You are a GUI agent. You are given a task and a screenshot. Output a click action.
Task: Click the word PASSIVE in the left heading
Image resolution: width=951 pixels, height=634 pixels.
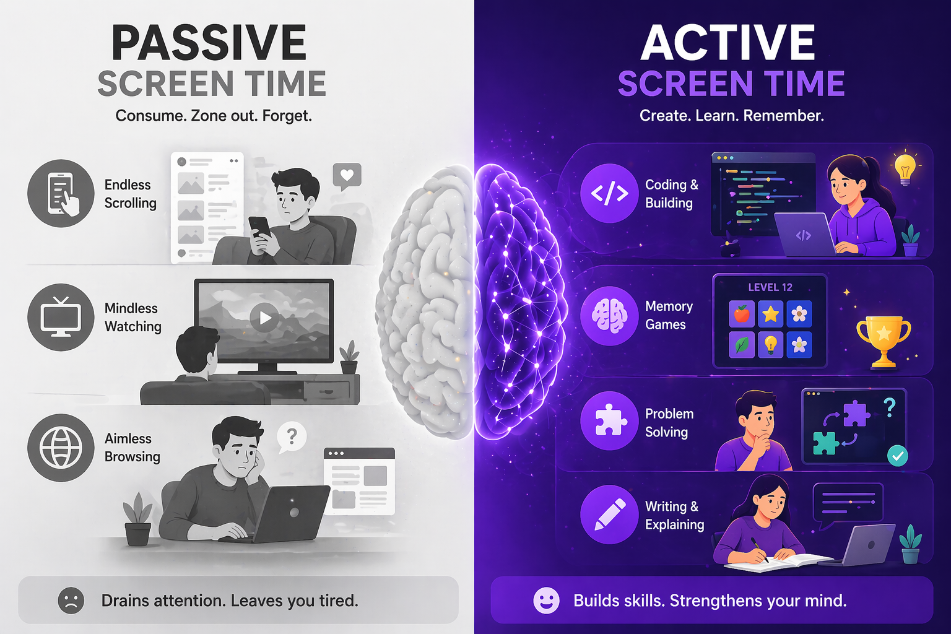coord(209,43)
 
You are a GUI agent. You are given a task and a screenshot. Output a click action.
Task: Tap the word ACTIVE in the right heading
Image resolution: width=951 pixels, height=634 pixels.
coord(728,43)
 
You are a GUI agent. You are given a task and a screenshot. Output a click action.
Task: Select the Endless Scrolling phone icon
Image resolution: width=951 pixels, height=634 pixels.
coord(61,193)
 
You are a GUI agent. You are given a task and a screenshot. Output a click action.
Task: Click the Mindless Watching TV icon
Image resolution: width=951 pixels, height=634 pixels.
coord(61,317)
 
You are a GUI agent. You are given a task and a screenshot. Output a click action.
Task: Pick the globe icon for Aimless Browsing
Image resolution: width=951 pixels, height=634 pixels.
coord(61,447)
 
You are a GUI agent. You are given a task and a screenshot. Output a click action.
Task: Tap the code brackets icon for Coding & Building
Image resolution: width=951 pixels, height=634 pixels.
coord(609,193)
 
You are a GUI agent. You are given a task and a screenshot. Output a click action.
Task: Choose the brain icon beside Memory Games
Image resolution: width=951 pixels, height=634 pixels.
coord(609,315)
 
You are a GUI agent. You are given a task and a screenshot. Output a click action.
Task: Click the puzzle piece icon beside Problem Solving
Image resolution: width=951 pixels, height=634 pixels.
coord(609,421)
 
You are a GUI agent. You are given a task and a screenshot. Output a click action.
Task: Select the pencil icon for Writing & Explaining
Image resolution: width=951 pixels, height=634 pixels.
coord(609,515)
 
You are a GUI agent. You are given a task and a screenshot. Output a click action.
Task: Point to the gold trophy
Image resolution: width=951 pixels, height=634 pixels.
coord(884,341)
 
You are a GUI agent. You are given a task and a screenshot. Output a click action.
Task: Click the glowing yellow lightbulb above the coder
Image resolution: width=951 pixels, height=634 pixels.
coord(905,167)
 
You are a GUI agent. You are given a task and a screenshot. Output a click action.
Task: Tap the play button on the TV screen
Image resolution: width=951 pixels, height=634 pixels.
coord(265,318)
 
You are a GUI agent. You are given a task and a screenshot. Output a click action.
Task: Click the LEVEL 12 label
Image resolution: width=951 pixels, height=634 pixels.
coord(770,287)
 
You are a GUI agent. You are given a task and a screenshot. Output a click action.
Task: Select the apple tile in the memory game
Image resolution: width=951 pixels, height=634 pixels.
coord(741,315)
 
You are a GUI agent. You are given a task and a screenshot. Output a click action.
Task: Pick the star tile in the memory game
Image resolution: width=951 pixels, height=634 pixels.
coord(770,315)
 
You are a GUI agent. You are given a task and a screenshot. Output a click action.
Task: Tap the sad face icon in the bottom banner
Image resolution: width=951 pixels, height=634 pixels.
coord(71,600)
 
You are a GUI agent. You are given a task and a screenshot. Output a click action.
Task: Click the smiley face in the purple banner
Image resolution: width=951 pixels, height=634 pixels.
coord(546,600)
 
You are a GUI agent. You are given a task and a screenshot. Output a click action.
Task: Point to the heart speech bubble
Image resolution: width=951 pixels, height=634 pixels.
coord(347,176)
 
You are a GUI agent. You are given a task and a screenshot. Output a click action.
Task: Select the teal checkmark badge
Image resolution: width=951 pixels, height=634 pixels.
coord(897,456)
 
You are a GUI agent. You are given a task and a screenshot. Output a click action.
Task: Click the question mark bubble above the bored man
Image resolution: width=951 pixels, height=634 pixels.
coord(292,436)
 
